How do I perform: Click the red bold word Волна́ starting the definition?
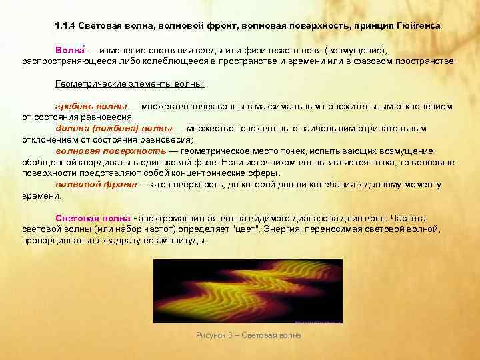pyautogui.click(x=68, y=50)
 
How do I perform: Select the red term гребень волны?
pyautogui.click(x=91, y=106)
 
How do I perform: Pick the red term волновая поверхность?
pyautogui.click(x=106, y=151)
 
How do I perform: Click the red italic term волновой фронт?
pyautogui.click(x=96, y=184)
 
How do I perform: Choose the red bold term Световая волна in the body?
pyautogui.click(x=93, y=218)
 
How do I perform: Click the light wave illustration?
pyautogui.click(x=247, y=291)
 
